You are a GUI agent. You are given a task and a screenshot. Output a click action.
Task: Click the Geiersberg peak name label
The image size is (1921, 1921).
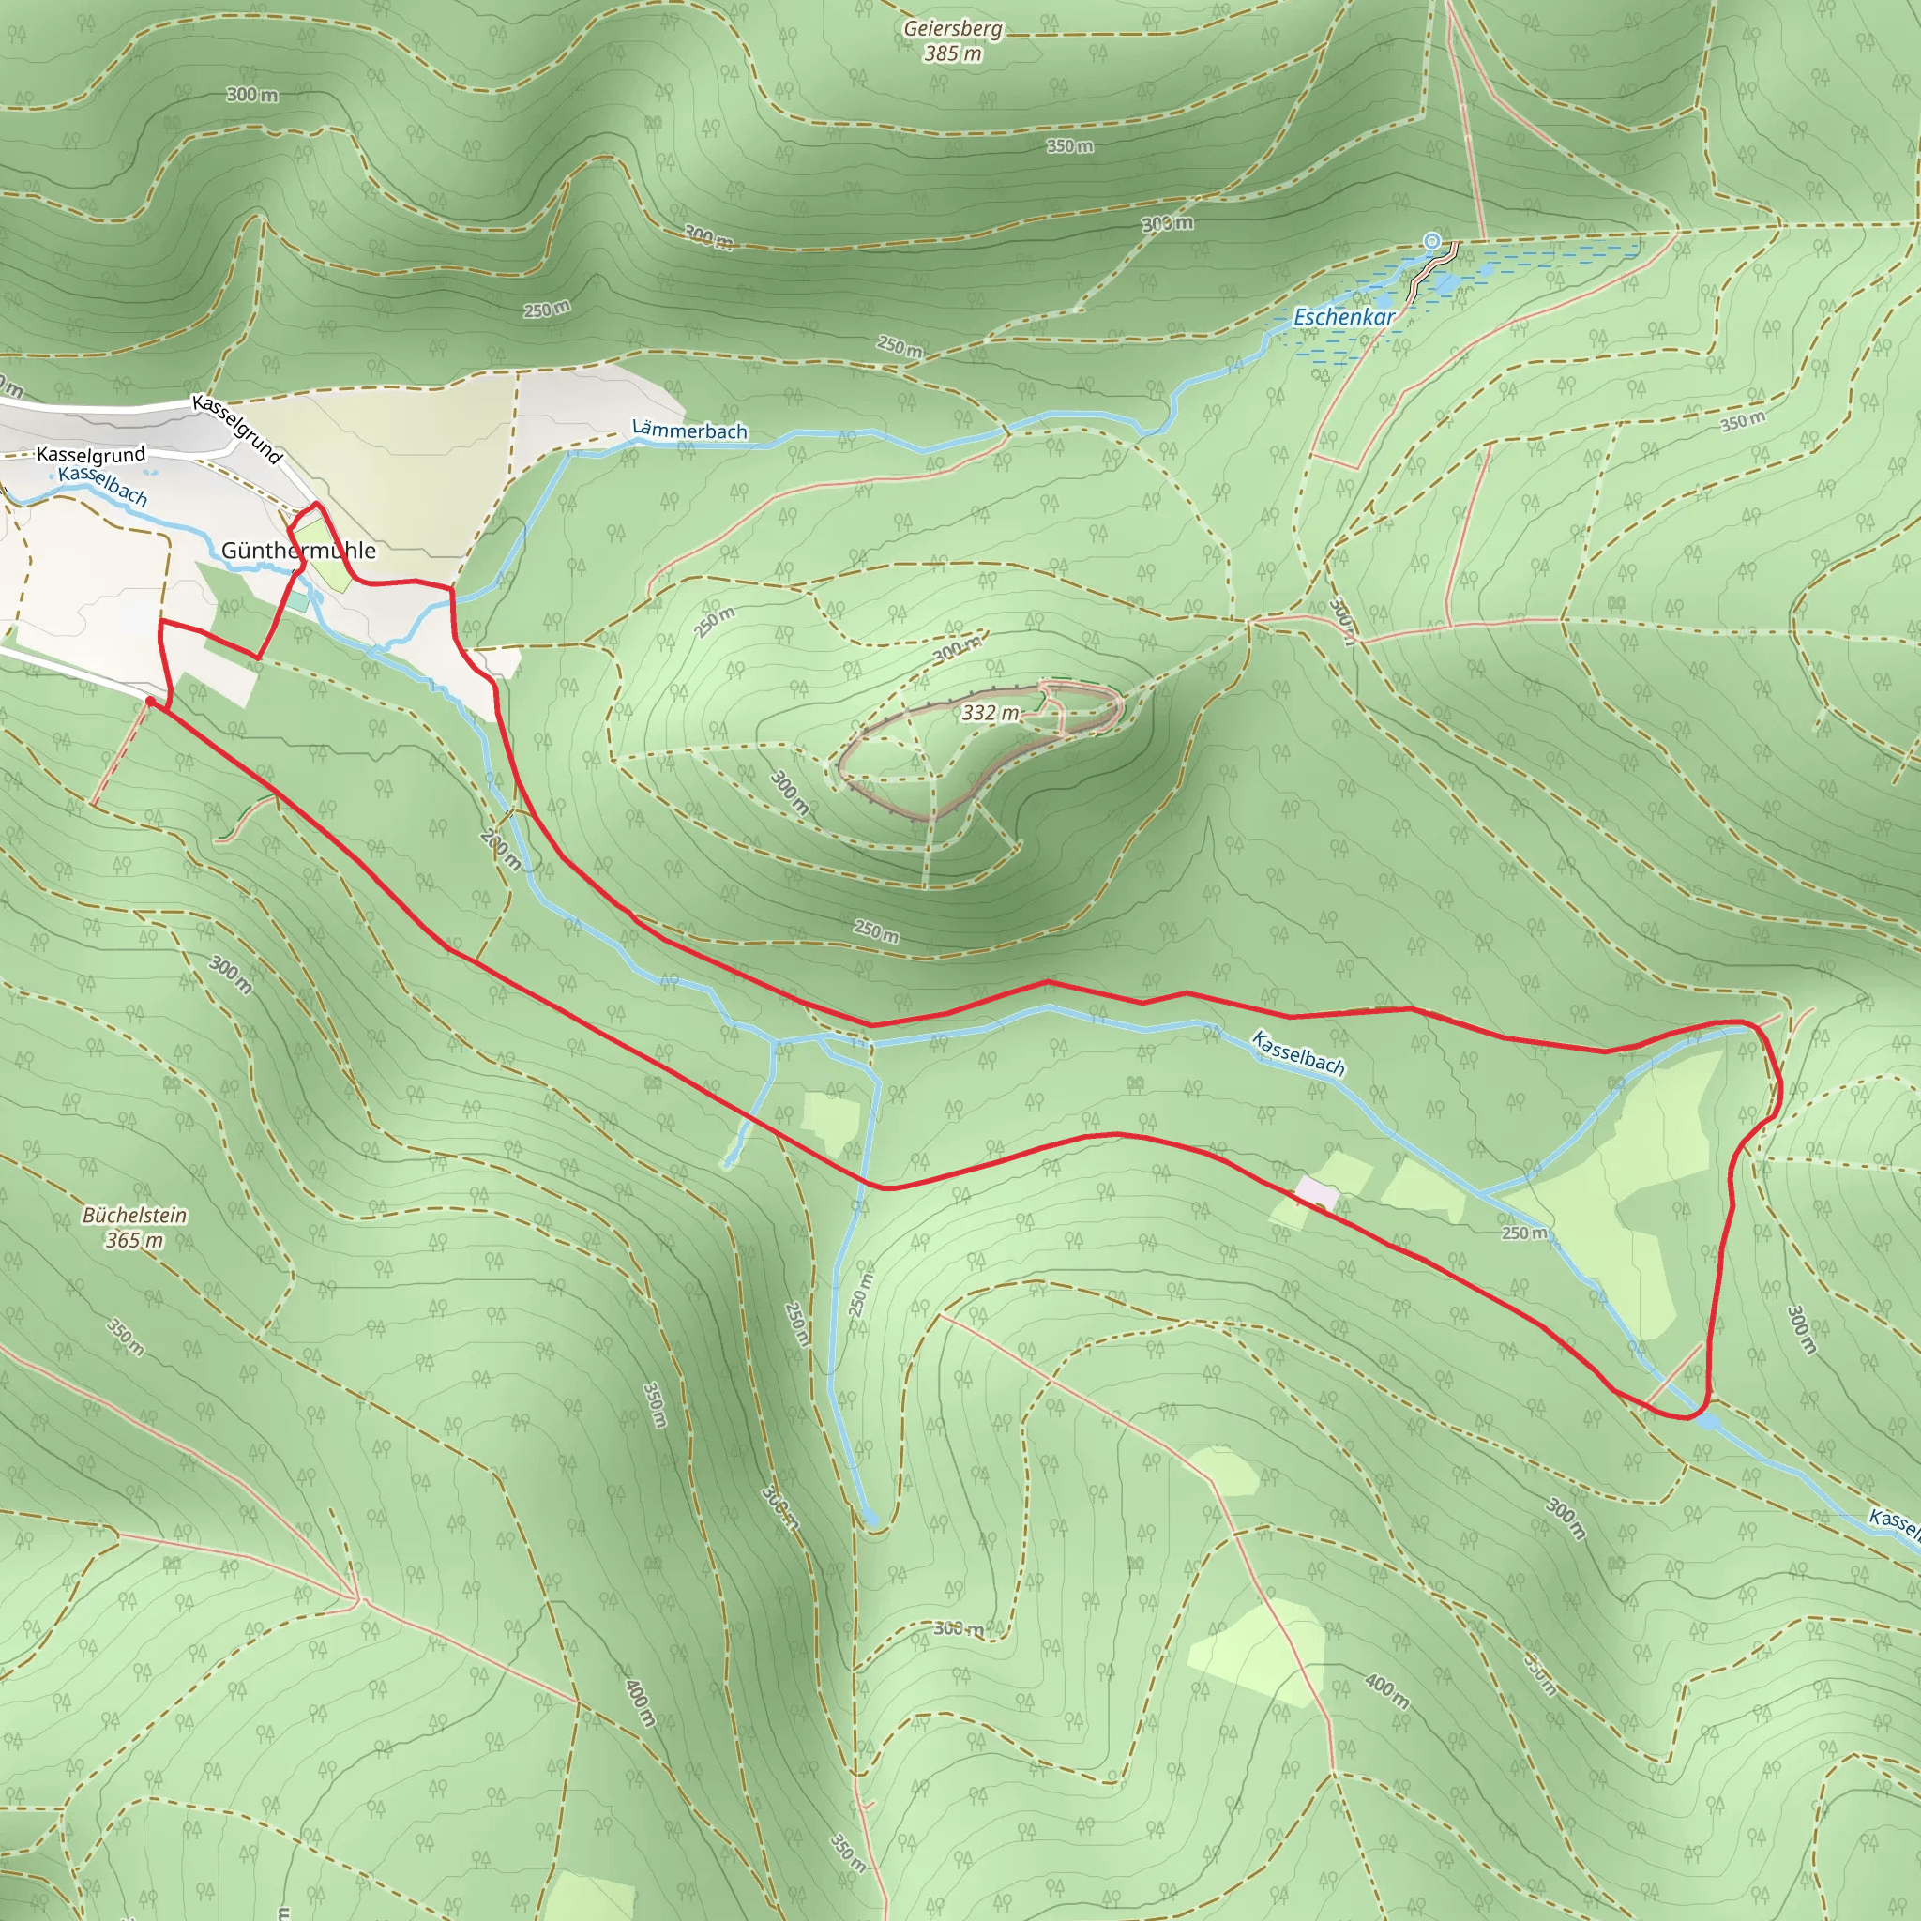coord(953,29)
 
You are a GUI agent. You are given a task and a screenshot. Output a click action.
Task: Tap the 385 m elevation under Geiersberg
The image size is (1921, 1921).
coord(953,53)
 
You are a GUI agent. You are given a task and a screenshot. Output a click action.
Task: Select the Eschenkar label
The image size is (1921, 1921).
coord(1343,317)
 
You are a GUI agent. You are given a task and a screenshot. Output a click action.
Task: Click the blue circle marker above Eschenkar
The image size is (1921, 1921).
coord(1431,241)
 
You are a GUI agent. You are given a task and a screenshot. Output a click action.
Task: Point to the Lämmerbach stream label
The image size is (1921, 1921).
coord(689,431)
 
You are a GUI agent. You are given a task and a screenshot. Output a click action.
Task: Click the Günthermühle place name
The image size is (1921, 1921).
coord(298,550)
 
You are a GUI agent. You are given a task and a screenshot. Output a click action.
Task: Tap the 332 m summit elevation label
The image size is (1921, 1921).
coord(991,713)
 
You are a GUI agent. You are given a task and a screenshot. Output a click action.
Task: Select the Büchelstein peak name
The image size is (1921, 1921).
coord(134,1215)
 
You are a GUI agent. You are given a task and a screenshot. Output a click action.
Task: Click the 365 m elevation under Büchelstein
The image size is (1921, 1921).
coord(134,1240)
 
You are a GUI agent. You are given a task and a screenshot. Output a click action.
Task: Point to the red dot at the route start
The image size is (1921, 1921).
coord(150,701)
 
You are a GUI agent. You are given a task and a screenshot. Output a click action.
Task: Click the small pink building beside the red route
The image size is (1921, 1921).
coord(1316,1192)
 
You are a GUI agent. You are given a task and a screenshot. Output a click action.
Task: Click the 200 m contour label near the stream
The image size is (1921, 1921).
coord(500,848)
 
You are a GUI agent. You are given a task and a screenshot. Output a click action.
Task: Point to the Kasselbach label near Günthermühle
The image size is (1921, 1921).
coord(103,485)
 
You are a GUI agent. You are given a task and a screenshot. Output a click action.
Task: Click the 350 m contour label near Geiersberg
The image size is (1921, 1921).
coord(1070,146)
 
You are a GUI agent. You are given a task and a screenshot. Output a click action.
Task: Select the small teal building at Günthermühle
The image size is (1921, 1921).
coord(298,601)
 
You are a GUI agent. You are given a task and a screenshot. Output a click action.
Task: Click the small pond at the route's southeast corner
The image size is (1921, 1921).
coord(1709,1423)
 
